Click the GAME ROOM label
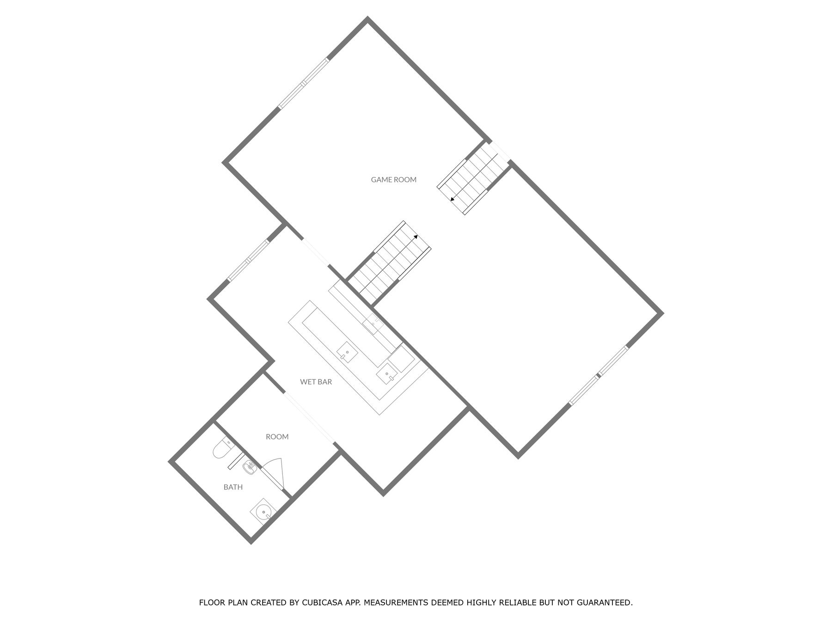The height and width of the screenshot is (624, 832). [x=393, y=179]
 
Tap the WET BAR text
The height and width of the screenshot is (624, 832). [x=316, y=382]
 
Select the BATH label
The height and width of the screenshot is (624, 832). [x=233, y=487]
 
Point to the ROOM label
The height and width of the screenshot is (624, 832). [x=277, y=436]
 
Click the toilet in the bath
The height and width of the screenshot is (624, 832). [x=221, y=449]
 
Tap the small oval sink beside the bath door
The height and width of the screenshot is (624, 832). [x=250, y=468]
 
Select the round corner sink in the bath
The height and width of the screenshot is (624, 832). [x=263, y=512]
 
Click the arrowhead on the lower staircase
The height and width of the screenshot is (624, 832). [x=416, y=237]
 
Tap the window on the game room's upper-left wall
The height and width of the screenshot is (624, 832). [x=304, y=84]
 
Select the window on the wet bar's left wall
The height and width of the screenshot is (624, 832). [x=248, y=261]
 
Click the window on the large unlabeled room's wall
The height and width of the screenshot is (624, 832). [x=598, y=376]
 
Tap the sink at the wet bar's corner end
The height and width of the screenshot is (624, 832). [x=387, y=373]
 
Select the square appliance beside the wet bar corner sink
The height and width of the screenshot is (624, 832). [x=400, y=360]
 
